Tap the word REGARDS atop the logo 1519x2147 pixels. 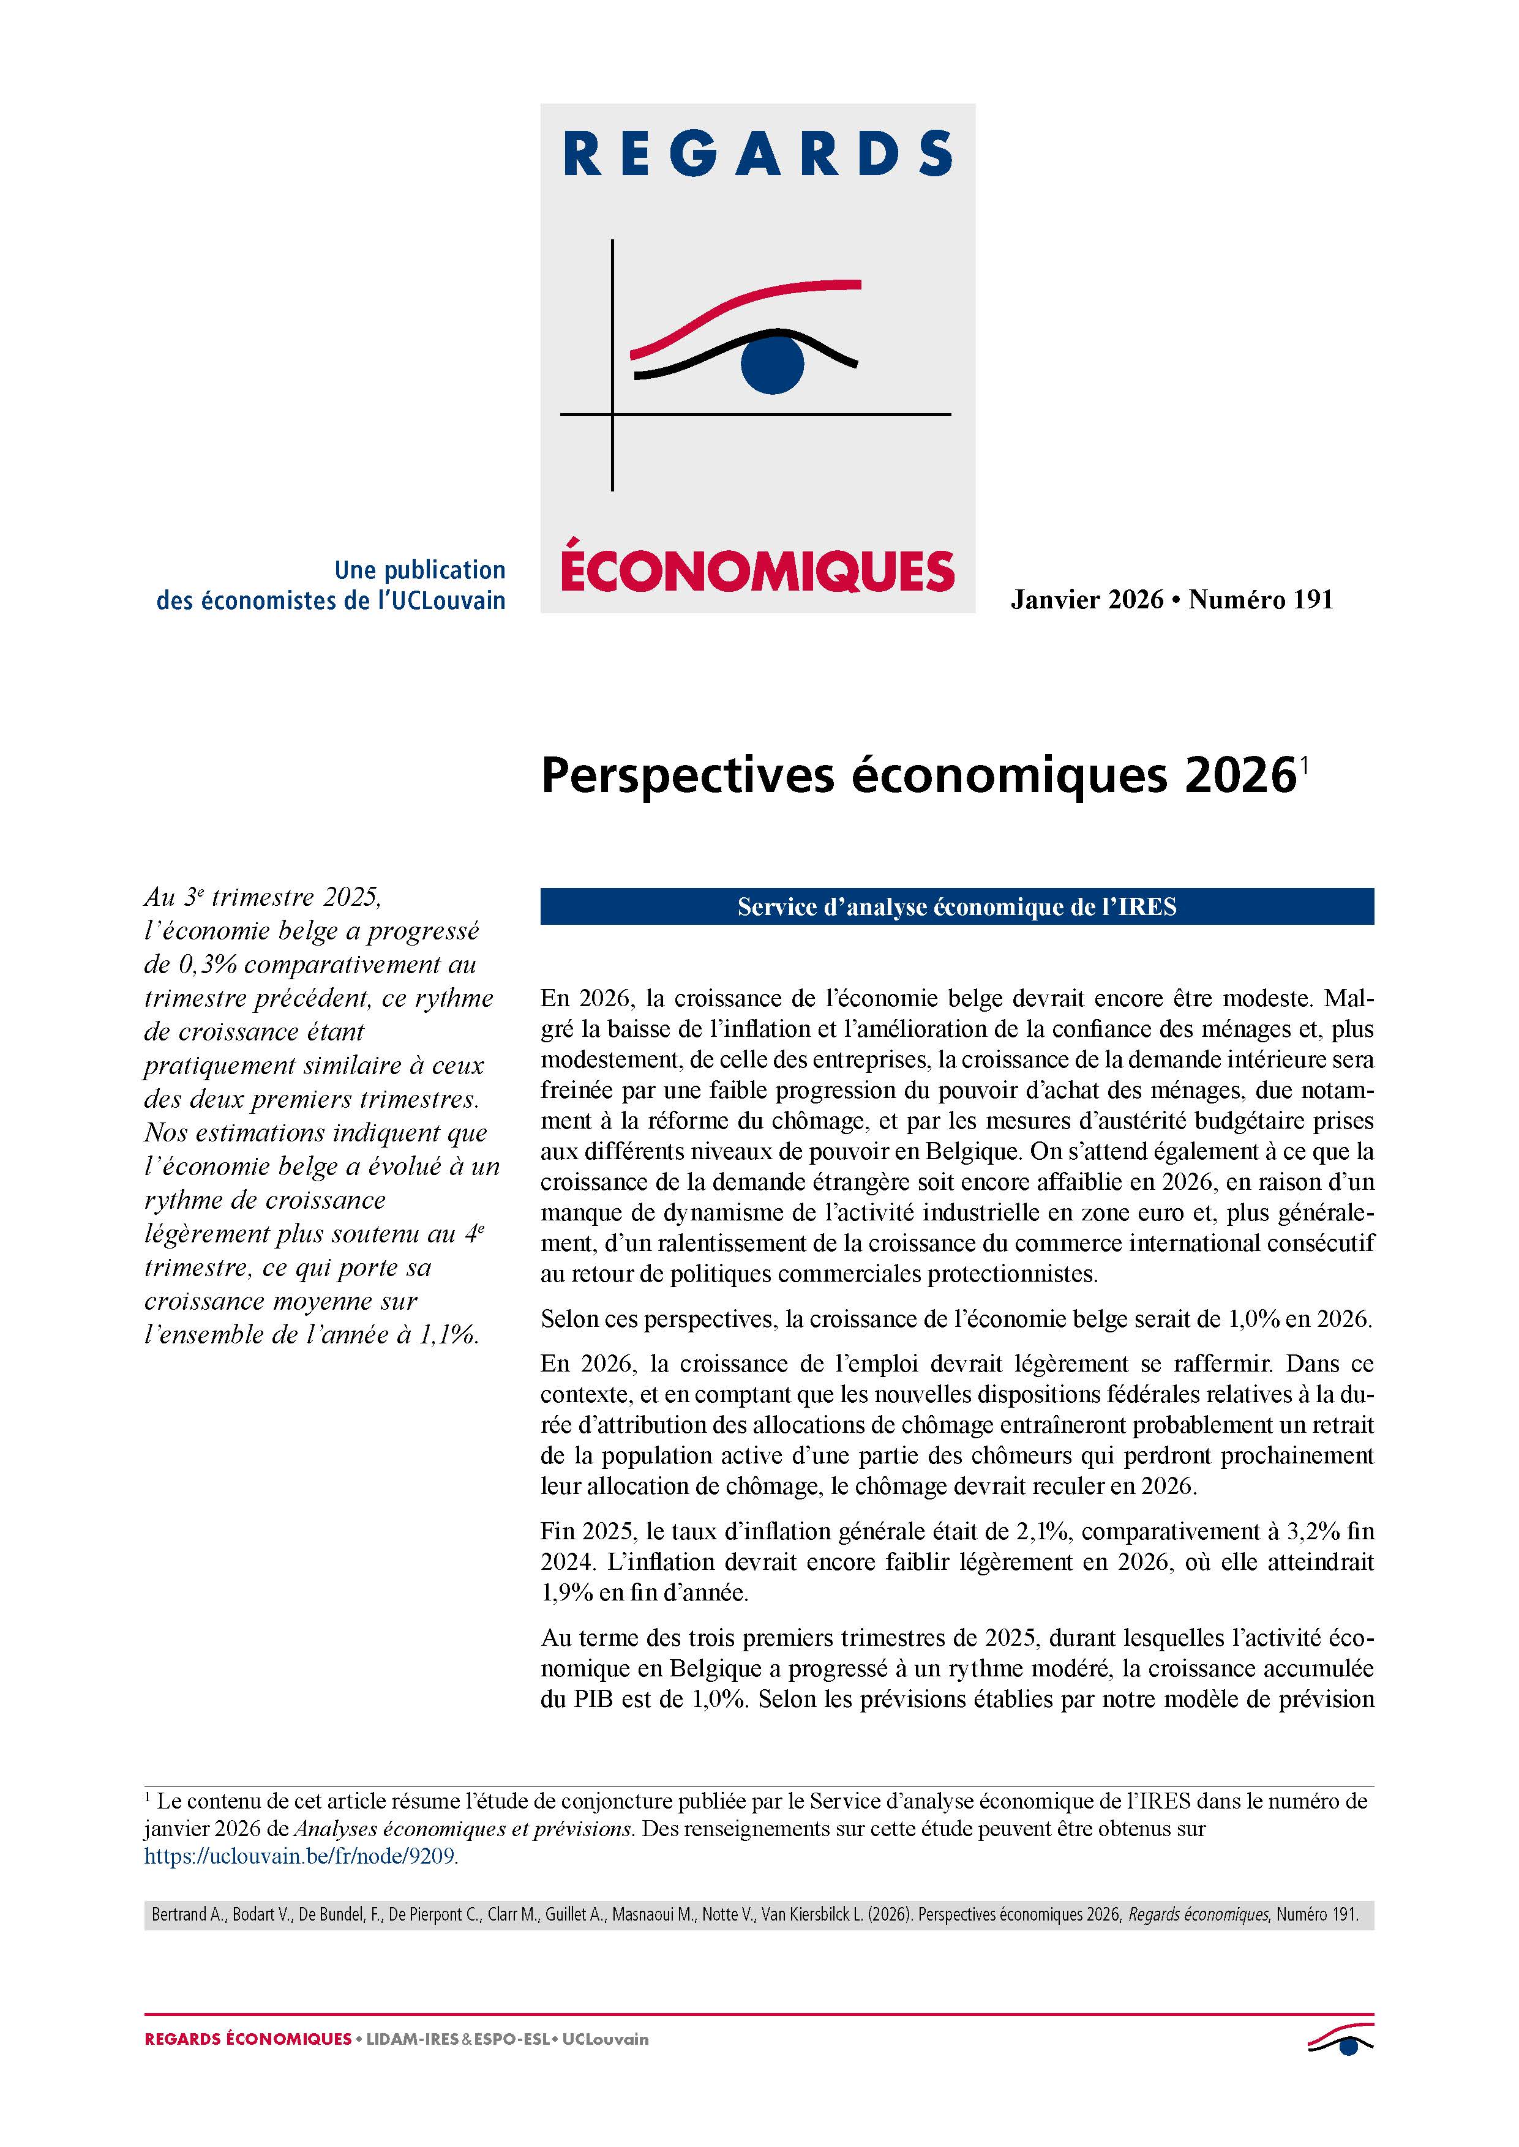click(x=757, y=154)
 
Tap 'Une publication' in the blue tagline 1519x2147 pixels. click(x=420, y=569)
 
